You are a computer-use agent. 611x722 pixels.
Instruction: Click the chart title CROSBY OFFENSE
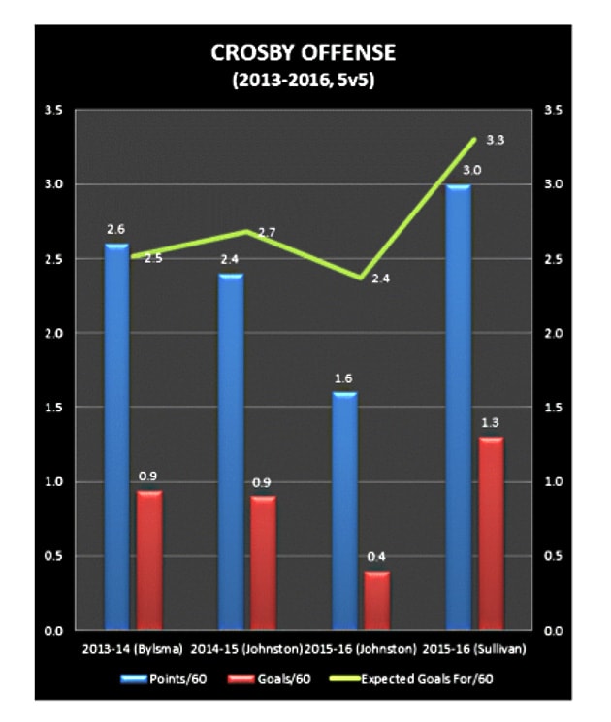coord(305,53)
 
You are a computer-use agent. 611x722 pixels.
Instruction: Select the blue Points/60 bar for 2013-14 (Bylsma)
coord(116,437)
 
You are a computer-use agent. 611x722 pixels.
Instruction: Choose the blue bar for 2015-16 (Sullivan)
coord(459,408)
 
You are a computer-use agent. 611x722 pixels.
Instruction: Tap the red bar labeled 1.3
coord(491,534)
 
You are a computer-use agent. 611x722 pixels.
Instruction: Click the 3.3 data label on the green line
coord(495,141)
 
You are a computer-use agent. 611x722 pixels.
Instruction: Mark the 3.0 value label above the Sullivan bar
coord(459,171)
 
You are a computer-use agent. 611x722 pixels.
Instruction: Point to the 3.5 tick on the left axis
coord(54,111)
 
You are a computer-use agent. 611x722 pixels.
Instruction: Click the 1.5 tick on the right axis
coord(555,408)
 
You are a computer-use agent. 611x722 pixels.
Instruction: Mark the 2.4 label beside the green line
coord(379,279)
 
